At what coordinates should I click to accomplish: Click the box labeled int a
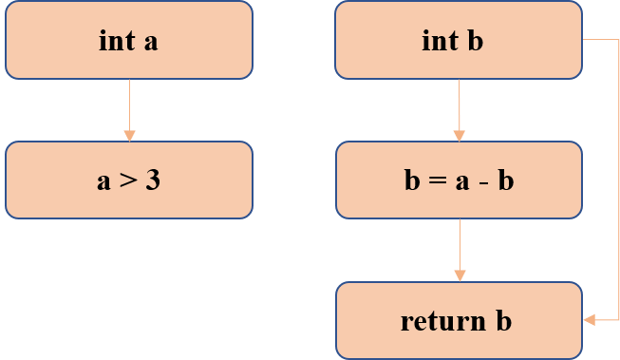pos(129,40)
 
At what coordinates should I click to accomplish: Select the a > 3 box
pos(129,180)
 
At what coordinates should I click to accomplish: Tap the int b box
pos(458,40)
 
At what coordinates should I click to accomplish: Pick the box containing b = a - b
pos(459,180)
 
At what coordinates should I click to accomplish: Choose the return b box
pos(459,320)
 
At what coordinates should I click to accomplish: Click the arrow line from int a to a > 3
pos(129,106)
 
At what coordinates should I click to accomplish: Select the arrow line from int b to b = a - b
pos(459,106)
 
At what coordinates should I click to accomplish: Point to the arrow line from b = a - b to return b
pos(460,247)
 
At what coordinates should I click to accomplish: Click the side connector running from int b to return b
pos(618,180)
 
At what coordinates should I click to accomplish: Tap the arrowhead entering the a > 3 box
pos(129,135)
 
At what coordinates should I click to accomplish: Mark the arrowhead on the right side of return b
pos(589,320)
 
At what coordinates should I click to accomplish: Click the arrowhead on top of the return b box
pos(460,275)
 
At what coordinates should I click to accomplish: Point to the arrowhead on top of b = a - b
pos(459,135)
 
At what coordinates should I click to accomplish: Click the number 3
pos(153,180)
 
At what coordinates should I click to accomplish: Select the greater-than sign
pos(127,181)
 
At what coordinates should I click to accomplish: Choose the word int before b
pos(440,40)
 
